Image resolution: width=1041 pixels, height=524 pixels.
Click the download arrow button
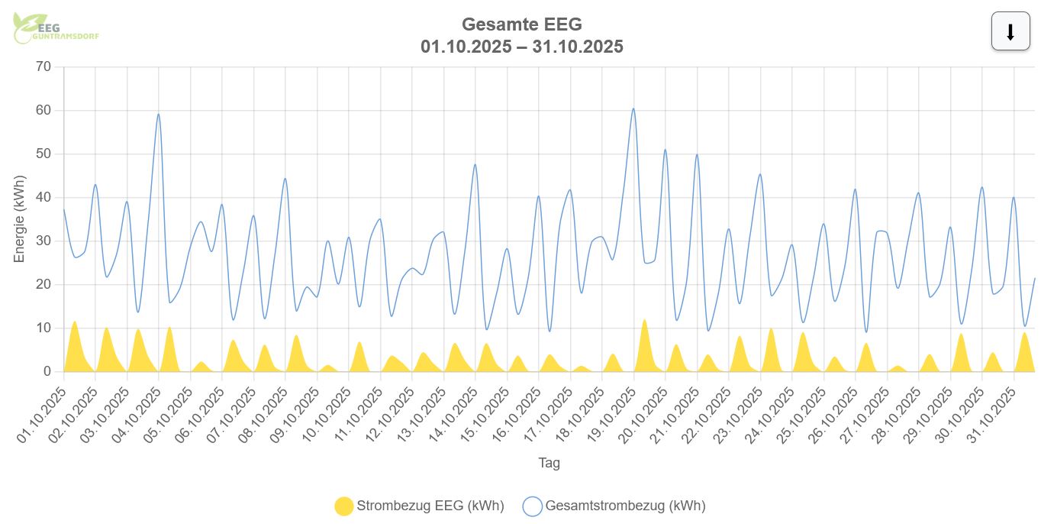tap(1010, 32)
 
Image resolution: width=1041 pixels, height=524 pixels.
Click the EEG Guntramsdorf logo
tap(56, 29)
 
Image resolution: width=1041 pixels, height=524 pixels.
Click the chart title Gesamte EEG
tap(521, 24)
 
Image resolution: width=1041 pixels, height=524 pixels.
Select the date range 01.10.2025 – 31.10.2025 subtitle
tap(521, 47)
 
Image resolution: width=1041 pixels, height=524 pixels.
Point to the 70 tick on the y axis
tap(44, 67)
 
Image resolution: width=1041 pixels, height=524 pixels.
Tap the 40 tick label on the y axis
tap(44, 198)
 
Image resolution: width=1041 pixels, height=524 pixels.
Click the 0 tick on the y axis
tap(47, 372)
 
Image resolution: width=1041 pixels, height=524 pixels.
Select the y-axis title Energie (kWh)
tap(20, 219)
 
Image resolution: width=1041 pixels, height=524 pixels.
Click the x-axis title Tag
tap(549, 463)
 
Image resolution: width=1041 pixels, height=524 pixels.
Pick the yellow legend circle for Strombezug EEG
tap(344, 506)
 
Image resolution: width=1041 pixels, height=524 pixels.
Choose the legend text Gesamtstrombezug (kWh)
tap(625, 506)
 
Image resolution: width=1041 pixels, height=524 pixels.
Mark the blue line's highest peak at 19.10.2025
tap(633, 108)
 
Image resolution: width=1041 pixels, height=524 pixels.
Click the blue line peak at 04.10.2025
tap(158, 115)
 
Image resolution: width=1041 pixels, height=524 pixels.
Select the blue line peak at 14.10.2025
tap(475, 164)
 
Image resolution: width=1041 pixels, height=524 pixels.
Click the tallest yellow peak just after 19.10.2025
tap(645, 320)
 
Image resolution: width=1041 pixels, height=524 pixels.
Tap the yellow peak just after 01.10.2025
tap(74, 322)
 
